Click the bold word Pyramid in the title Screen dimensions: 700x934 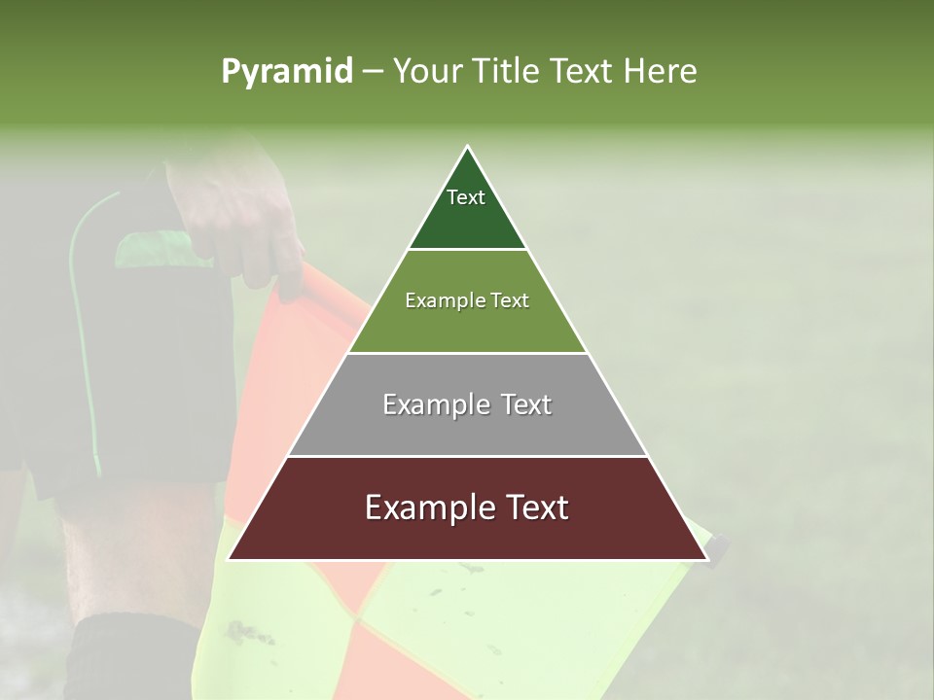coord(287,72)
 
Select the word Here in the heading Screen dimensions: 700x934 coord(662,72)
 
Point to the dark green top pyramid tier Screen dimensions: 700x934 coord(467,219)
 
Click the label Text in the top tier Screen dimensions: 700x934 coord(466,197)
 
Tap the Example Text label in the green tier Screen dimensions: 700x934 coord(467,300)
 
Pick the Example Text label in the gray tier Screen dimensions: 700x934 coord(467,404)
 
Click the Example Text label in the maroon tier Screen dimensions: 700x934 coord(467,507)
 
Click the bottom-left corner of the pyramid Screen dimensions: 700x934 coord(231,558)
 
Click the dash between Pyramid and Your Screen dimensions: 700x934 coord(373,72)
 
